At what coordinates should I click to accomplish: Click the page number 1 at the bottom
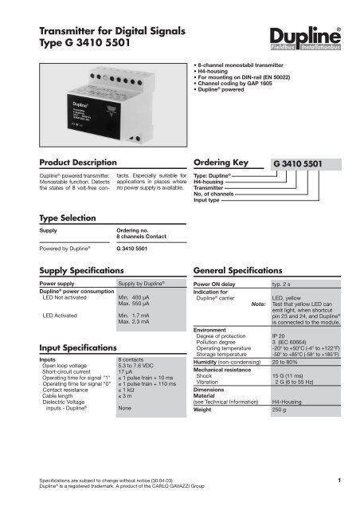340,481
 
